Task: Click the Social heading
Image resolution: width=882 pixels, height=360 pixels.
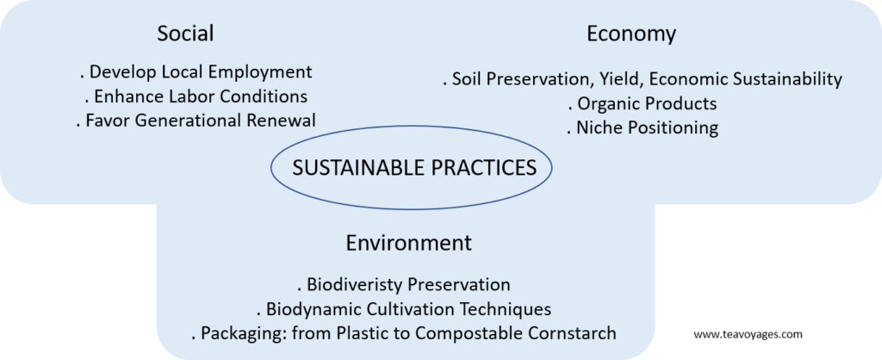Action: pos(186,34)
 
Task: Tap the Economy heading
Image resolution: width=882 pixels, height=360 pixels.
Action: pos(631,34)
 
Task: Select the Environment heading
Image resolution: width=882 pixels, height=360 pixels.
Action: pos(409,243)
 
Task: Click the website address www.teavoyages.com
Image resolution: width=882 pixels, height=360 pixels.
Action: pos(748,335)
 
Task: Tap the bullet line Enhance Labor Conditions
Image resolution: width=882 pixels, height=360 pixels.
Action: pos(196,96)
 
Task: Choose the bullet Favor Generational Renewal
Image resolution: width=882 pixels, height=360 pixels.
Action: pos(196,121)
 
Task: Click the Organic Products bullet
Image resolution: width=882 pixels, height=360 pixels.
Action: pos(643,104)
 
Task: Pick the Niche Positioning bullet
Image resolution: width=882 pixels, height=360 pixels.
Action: pos(643,128)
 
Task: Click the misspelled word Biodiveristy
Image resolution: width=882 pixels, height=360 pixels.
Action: pos(354,284)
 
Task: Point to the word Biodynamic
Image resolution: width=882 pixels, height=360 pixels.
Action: pos(312,309)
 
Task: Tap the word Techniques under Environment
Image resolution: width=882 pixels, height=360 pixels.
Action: pos(501,309)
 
